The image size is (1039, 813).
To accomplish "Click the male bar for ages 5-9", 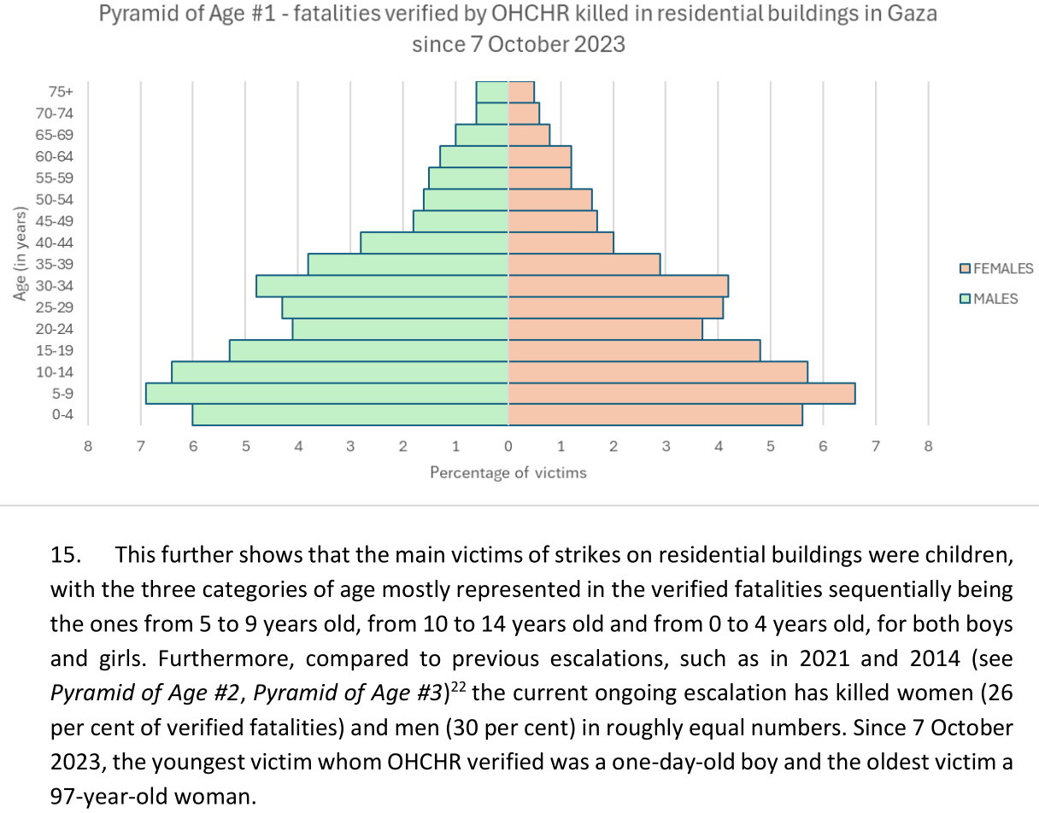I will point(326,393).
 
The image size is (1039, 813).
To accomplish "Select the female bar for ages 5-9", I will point(681,393).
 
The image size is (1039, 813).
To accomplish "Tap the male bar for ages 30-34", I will point(382,285).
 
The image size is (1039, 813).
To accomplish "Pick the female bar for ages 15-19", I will point(634,350).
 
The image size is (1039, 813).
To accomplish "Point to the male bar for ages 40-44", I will point(434,243).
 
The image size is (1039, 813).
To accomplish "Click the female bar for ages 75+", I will point(521,91).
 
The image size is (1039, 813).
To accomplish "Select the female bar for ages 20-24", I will point(605,329).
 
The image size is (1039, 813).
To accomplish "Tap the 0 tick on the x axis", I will point(508,446).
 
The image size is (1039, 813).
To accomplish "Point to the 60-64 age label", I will point(55,156).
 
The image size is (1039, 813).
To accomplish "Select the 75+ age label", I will point(61,91).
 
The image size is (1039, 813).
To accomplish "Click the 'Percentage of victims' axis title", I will point(508,472).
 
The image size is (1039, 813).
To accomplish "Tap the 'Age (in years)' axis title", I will point(21,254).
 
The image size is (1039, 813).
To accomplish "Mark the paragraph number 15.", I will point(67,555).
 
